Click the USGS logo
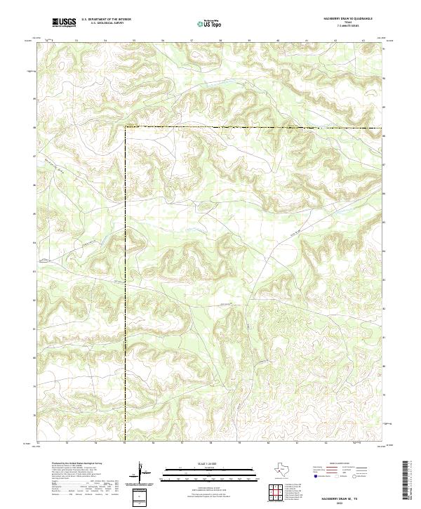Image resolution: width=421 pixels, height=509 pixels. click(x=65, y=22)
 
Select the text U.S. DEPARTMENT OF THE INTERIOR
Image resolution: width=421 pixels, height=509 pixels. click(x=107, y=20)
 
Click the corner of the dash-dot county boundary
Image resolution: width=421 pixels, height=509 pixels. click(x=126, y=128)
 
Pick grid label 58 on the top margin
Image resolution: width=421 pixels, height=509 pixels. click(x=220, y=41)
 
